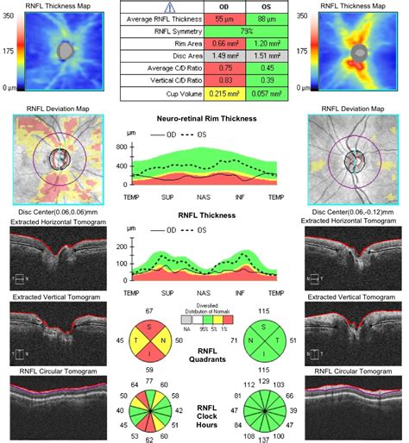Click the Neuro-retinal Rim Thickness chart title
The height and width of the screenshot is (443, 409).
click(204, 116)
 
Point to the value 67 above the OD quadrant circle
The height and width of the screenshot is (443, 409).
click(148, 310)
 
